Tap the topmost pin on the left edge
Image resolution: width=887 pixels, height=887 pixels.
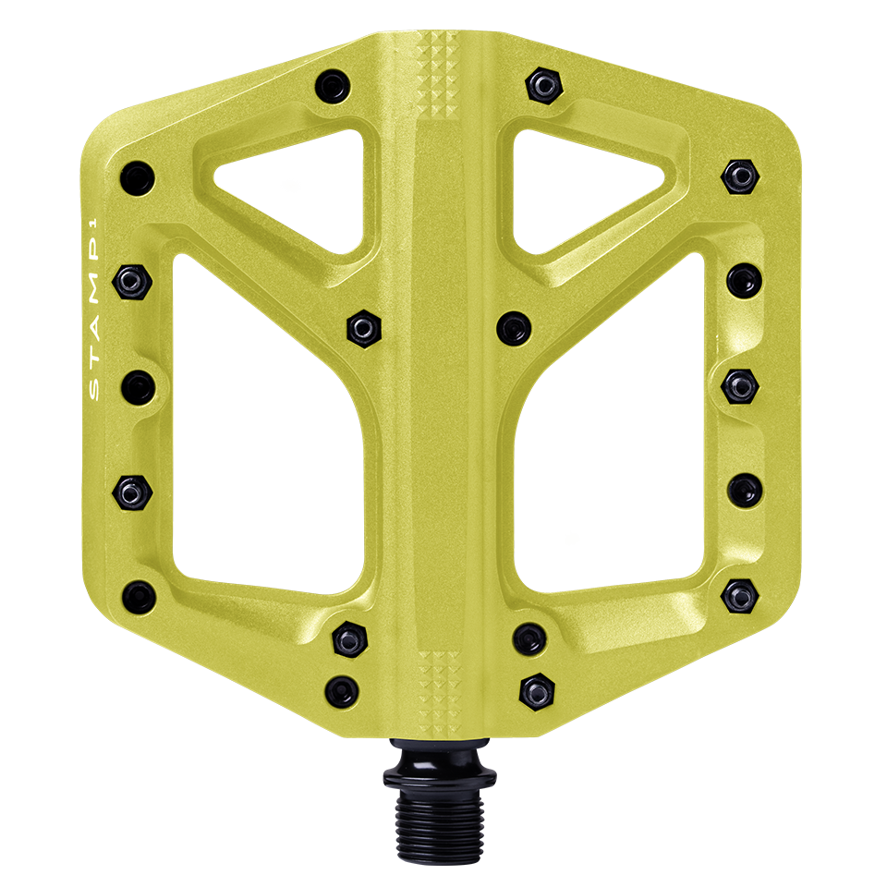pos(138,175)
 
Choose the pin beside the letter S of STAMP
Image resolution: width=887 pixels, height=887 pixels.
pos(137,383)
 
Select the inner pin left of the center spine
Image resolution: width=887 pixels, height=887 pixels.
pos(362,326)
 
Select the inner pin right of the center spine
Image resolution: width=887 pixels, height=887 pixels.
pos(514,326)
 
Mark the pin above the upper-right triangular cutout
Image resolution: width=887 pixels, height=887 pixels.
pos(544,86)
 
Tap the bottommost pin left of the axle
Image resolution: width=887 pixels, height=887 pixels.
pos(343,687)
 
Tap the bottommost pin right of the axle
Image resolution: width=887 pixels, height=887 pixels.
pos(537,687)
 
